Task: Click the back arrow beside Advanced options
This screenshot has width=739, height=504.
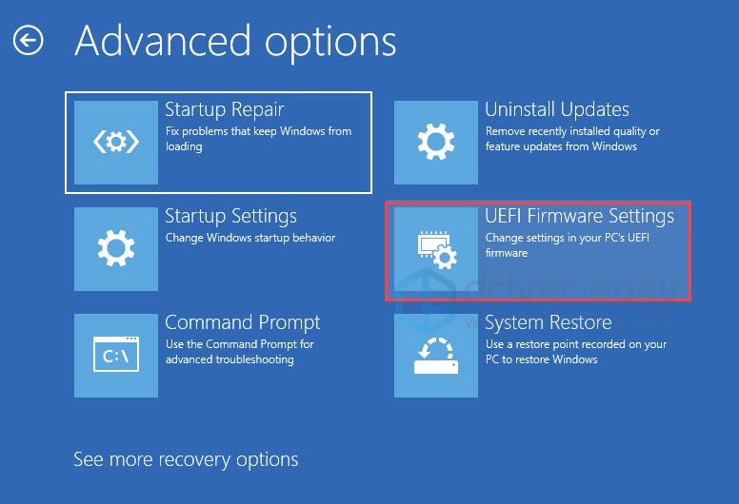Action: pos(29,41)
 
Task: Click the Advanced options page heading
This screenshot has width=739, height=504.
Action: pos(235,41)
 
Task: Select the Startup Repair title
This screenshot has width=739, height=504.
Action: pos(225,109)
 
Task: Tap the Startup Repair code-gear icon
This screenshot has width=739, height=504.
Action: pos(116,143)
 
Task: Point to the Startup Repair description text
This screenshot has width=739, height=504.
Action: pos(258,139)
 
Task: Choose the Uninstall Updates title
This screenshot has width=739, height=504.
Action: pos(557,109)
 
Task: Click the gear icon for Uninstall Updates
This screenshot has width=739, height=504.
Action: pos(436,143)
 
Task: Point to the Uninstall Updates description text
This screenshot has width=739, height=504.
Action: pos(572,139)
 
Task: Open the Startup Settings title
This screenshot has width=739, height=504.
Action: pos(230,216)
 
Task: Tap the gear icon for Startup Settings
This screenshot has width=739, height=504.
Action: pos(116,249)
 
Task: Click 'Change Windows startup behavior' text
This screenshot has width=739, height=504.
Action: pos(250,238)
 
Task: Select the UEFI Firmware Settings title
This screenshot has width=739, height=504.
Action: pos(579,216)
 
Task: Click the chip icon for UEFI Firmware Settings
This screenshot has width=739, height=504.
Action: pos(436,249)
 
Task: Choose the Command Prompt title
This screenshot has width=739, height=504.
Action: pos(243,322)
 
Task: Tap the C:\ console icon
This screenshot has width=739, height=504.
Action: pos(116,356)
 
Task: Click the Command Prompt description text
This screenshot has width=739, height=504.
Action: pos(239,352)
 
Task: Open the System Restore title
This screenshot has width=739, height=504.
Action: pos(549,322)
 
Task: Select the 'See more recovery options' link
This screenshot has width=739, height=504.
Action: pos(186,459)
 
